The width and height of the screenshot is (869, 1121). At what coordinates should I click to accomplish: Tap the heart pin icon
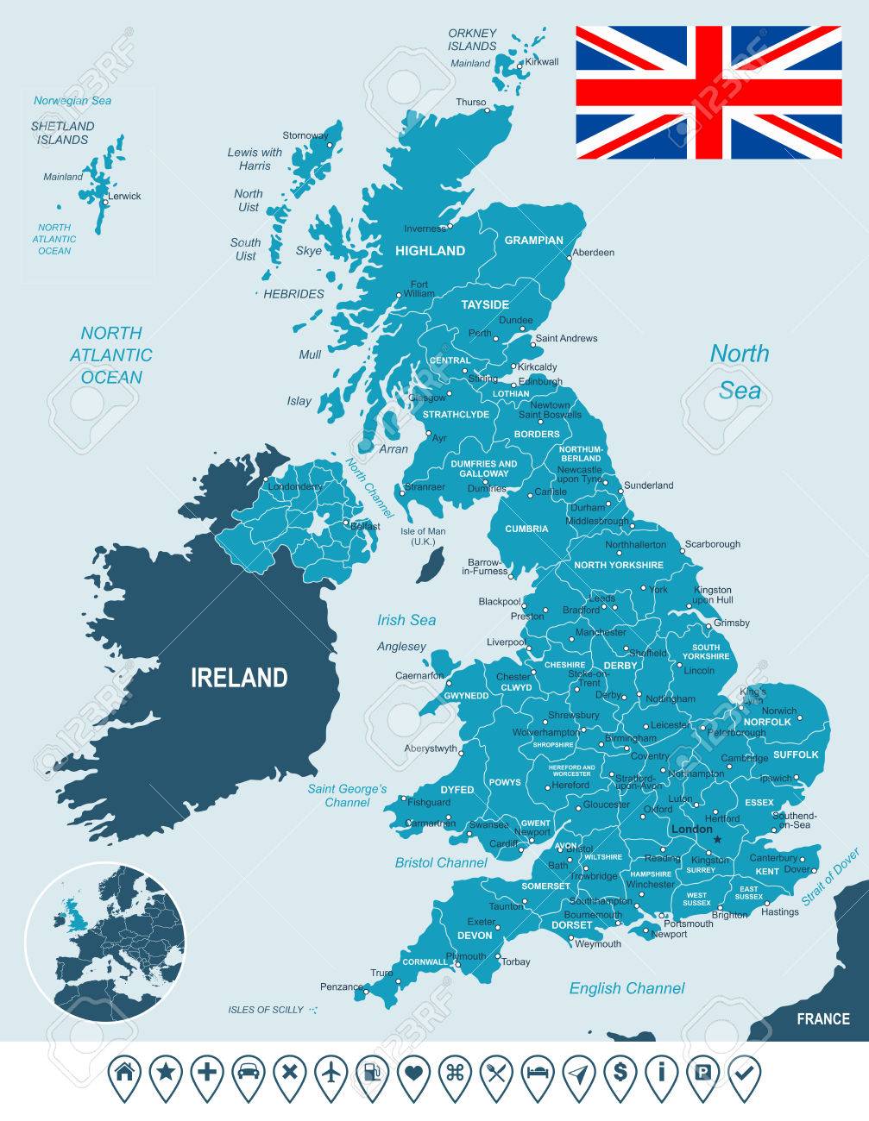pos(414,1074)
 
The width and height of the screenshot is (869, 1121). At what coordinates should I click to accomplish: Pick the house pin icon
pos(124,1074)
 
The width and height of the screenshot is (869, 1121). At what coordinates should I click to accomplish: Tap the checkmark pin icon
pos(744,1074)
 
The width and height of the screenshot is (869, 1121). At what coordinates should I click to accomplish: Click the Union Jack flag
pos(708,92)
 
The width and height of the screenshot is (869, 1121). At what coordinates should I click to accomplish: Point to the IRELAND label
pos(239,678)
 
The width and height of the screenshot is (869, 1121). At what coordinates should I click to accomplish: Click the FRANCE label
pos(822,1019)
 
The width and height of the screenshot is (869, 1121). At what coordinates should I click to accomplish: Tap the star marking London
pos(717,837)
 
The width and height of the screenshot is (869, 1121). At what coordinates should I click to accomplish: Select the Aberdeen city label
pos(594,253)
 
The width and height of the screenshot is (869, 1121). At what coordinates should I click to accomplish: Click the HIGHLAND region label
pos(430,251)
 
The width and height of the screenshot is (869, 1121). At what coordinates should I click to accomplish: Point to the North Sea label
pos(740,371)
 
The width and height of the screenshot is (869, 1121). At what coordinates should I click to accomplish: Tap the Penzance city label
pos(342,986)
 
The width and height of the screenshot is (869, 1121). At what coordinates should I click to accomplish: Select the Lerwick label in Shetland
pos(125,197)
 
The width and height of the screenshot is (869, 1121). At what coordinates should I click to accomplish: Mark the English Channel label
pos(627,988)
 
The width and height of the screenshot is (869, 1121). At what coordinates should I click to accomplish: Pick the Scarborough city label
pos(712,544)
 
